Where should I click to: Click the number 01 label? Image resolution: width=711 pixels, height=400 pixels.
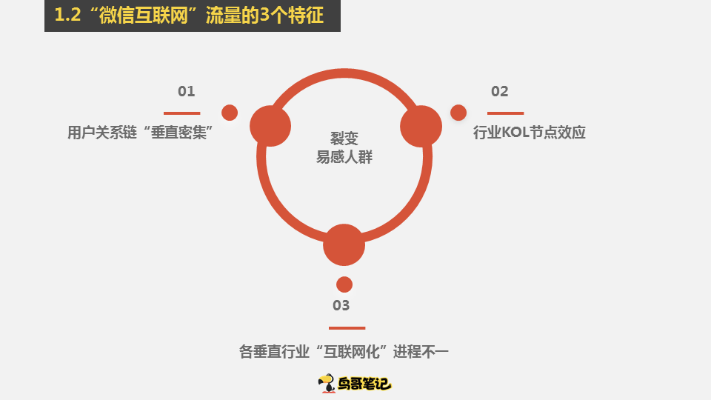tap(187, 91)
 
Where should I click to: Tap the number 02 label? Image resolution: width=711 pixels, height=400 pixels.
tap(500, 91)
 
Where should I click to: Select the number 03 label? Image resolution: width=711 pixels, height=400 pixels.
tap(341, 305)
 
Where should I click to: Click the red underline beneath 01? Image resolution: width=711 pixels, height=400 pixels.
tap(182, 113)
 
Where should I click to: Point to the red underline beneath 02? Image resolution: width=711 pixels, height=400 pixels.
tap(506, 113)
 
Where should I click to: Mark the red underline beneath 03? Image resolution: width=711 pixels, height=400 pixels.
tap(347, 328)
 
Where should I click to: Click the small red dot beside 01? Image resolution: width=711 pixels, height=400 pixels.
tap(230, 113)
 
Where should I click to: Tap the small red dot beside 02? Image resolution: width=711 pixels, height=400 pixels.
tap(458, 113)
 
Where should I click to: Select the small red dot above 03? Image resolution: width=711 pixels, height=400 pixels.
tap(344, 284)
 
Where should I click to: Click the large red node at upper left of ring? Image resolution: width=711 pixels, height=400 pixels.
tap(270, 126)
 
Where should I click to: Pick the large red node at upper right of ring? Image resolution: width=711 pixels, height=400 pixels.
tap(421, 126)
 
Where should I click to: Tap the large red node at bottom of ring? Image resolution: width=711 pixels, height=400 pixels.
tap(344, 245)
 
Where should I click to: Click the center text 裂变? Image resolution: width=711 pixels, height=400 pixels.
tap(344, 139)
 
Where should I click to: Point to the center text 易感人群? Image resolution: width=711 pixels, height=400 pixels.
tap(344, 157)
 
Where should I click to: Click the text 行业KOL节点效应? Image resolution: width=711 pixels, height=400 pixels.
tap(529, 133)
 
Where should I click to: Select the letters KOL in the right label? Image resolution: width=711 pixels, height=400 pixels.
tap(515, 133)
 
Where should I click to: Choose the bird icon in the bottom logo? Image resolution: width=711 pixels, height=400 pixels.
tap(327, 383)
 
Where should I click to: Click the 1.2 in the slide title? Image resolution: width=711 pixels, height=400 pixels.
tap(67, 15)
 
